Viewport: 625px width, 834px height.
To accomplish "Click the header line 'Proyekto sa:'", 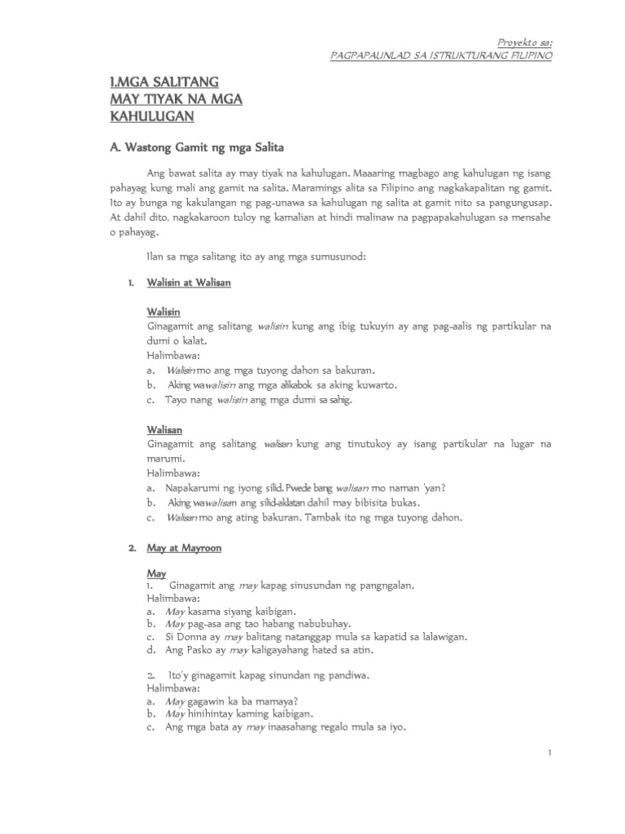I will point(524,41).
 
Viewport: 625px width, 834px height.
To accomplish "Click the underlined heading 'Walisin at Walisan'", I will point(189,282).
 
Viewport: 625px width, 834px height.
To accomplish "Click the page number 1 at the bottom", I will point(550,753).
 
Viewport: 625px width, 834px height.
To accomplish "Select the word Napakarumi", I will point(194,488).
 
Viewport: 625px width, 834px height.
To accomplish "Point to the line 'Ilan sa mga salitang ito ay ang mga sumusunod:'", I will point(256,257).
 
